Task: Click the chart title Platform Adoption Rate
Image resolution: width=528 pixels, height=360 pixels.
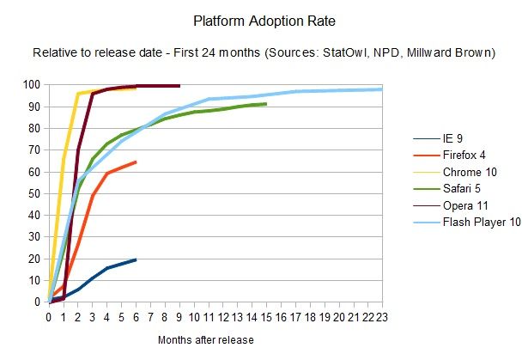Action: tap(264, 18)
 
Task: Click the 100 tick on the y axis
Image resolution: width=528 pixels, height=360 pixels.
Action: tap(33, 85)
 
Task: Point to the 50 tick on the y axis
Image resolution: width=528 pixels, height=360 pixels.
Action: tap(35, 193)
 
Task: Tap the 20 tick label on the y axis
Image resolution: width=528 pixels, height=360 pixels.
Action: tap(35, 259)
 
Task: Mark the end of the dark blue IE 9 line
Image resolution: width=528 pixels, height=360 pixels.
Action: tap(136, 259)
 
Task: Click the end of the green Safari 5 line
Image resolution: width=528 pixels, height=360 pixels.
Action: tap(266, 104)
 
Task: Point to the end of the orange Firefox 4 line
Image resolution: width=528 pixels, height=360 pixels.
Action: tap(136, 162)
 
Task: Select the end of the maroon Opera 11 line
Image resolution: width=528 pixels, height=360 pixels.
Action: tap(179, 86)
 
